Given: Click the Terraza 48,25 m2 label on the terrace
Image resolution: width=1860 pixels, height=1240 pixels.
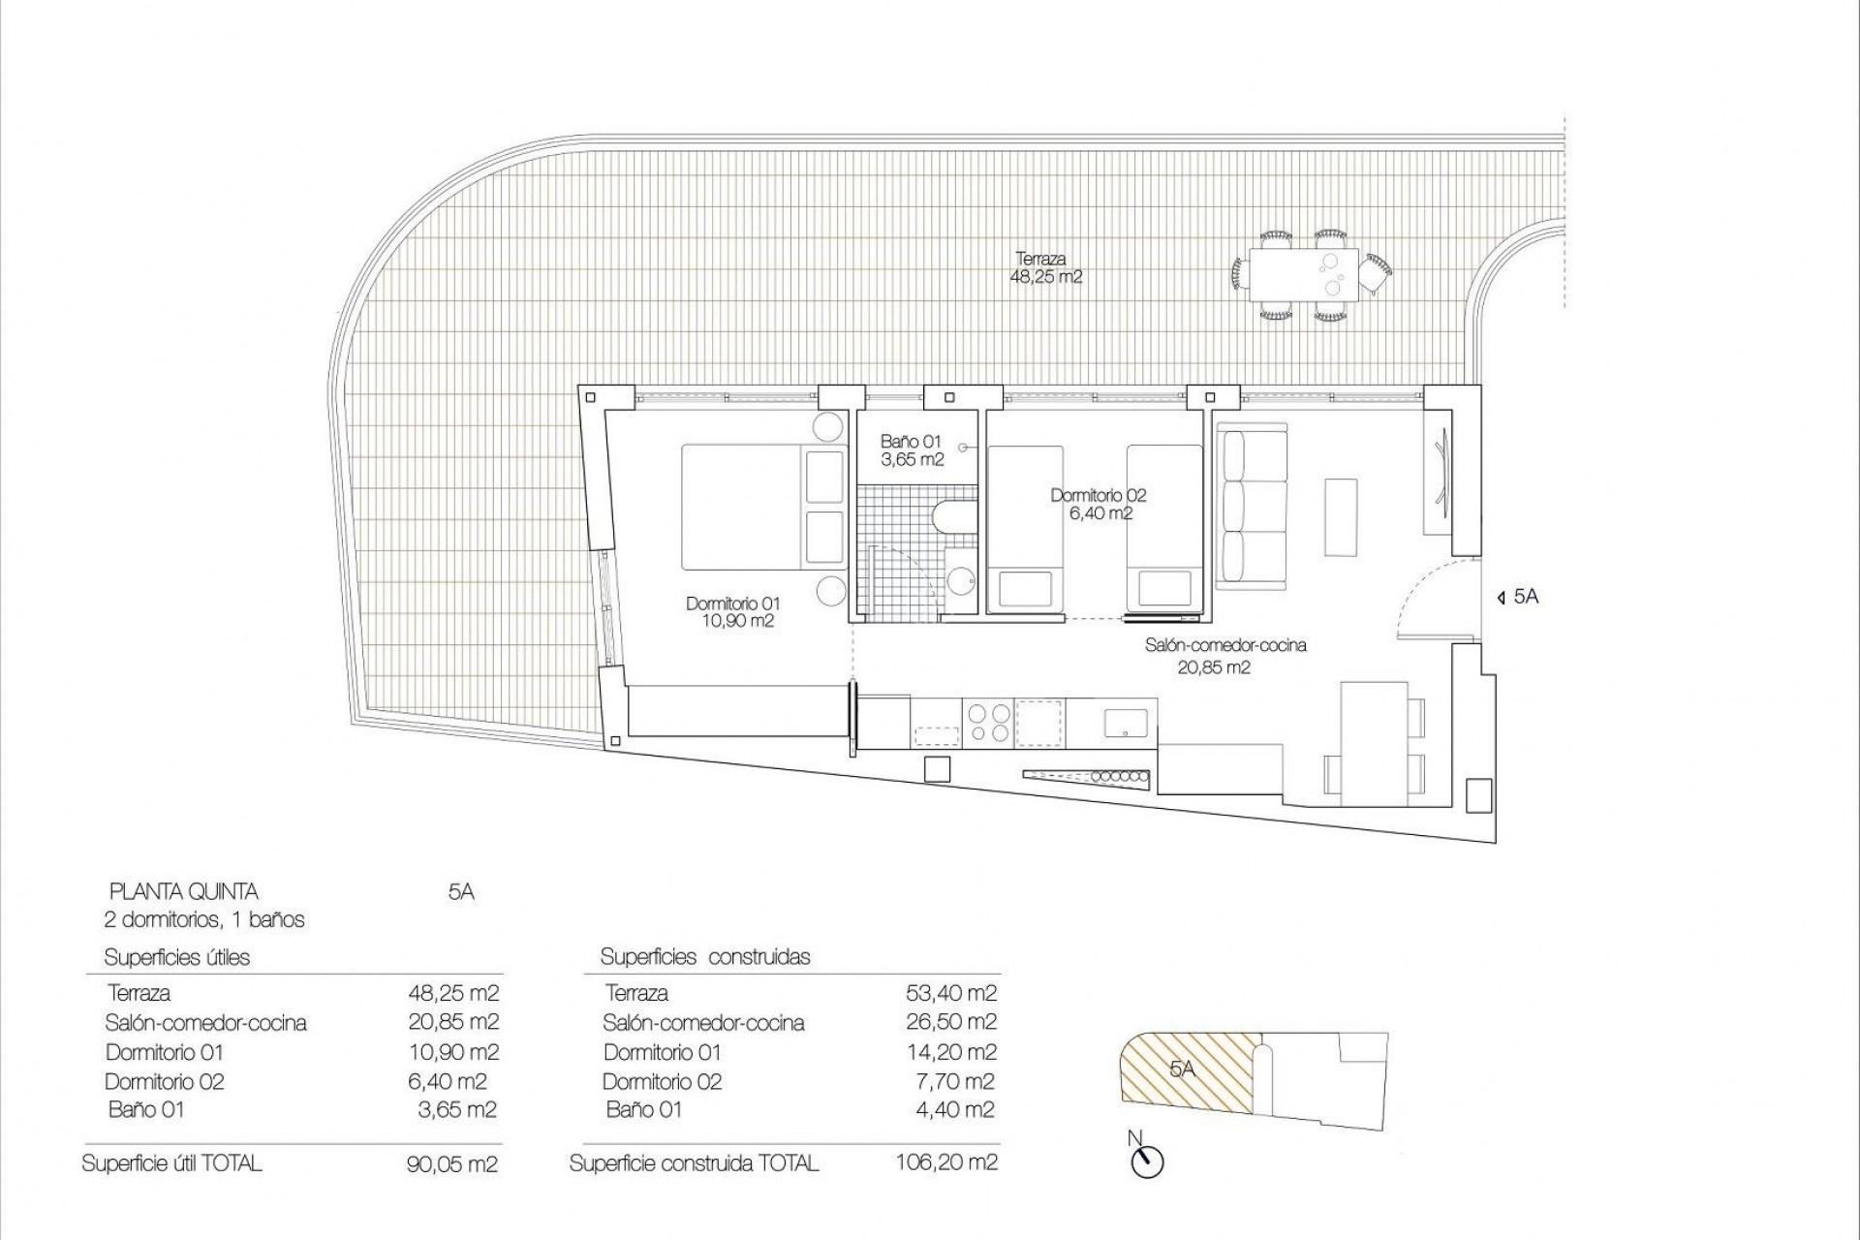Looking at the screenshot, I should click(1045, 267).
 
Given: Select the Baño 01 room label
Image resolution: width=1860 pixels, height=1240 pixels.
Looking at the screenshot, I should click(911, 450).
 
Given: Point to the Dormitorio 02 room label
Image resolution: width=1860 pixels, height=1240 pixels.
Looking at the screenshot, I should click(1098, 504).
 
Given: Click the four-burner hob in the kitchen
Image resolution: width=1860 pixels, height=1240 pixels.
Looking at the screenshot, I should click(989, 722).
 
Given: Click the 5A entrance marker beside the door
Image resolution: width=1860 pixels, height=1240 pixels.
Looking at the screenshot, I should click(1518, 597).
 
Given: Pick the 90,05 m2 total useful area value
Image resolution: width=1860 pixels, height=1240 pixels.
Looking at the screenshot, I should click(452, 1163).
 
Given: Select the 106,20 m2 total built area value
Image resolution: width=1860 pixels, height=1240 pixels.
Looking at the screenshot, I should click(946, 1162).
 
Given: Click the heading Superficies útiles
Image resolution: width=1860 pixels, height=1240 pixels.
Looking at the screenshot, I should click(177, 957).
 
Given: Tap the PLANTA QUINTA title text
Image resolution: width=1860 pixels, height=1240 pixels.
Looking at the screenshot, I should click(184, 891).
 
